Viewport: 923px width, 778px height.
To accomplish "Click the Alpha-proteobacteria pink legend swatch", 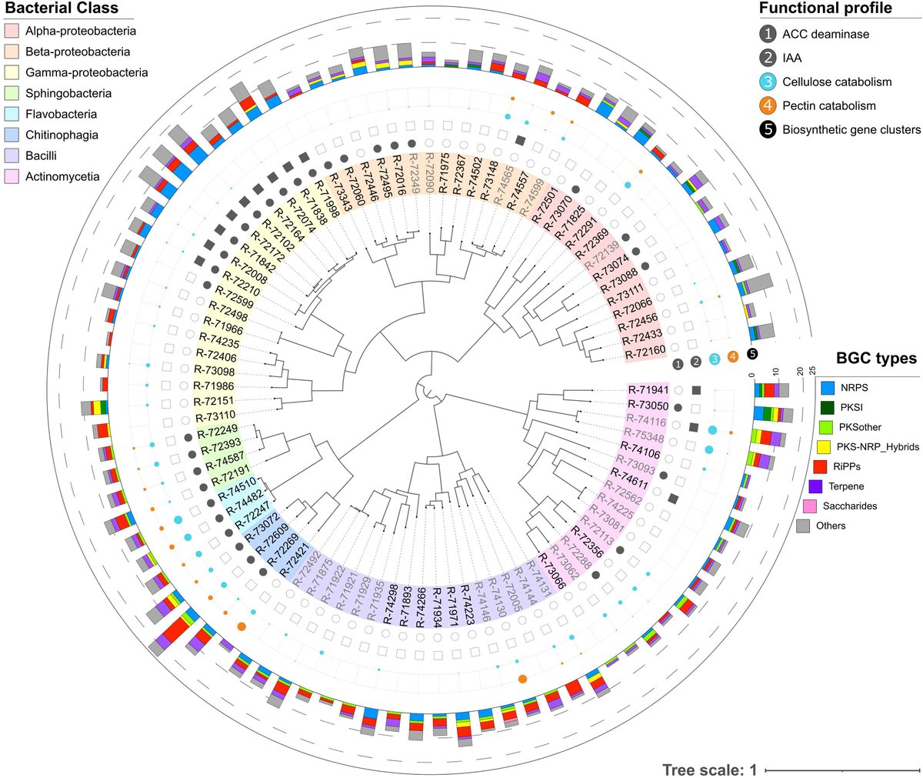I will pyautogui.click(x=12, y=32).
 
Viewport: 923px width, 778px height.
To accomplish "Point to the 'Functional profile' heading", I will pyautogui.click(x=825, y=8).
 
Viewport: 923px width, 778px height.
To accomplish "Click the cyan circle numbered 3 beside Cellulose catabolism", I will pyautogui.click(x=768, y=82).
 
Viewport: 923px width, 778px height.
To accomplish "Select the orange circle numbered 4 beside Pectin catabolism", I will pyautogui.click(x=768, y=105).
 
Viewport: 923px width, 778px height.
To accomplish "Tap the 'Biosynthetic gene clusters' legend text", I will pyautogui.click(x=851, y=129).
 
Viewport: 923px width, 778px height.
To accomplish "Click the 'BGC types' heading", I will pyautogui.click(x=877, y=358).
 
